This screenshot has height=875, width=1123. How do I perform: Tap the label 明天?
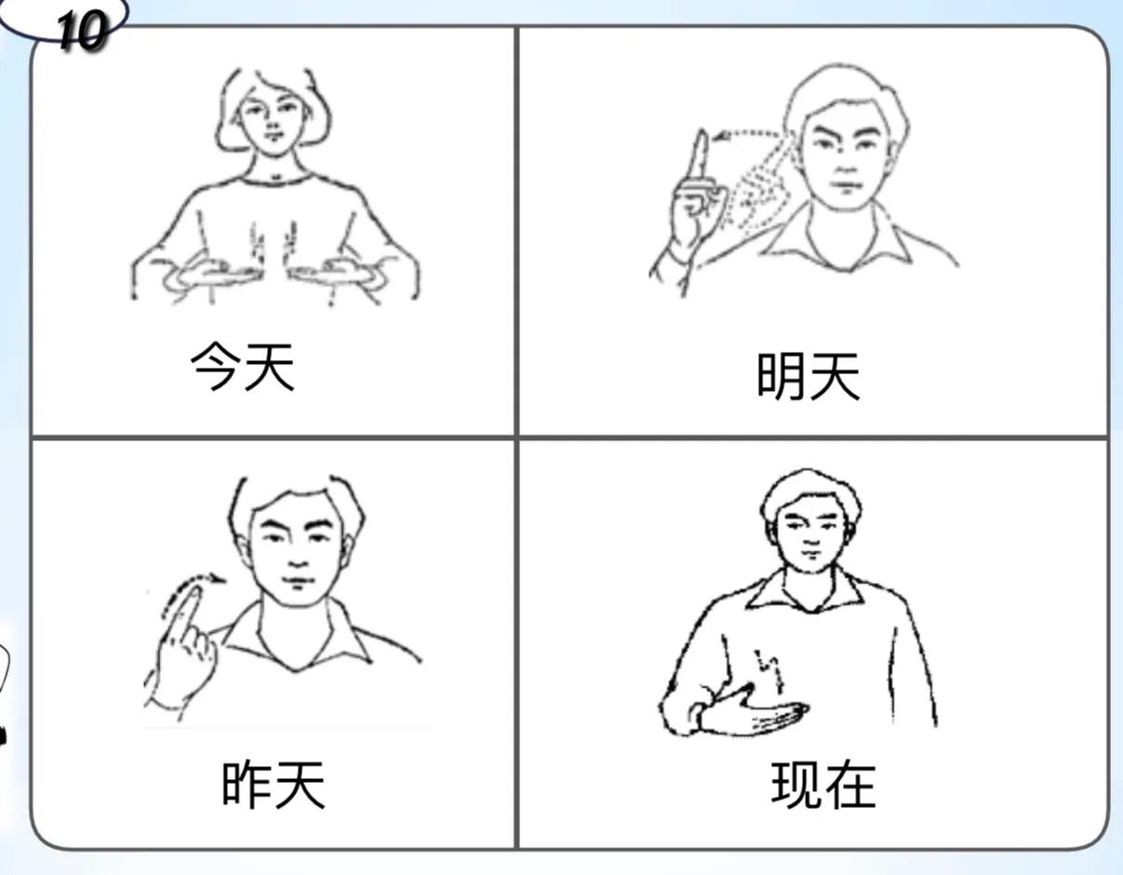coord(808,377)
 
